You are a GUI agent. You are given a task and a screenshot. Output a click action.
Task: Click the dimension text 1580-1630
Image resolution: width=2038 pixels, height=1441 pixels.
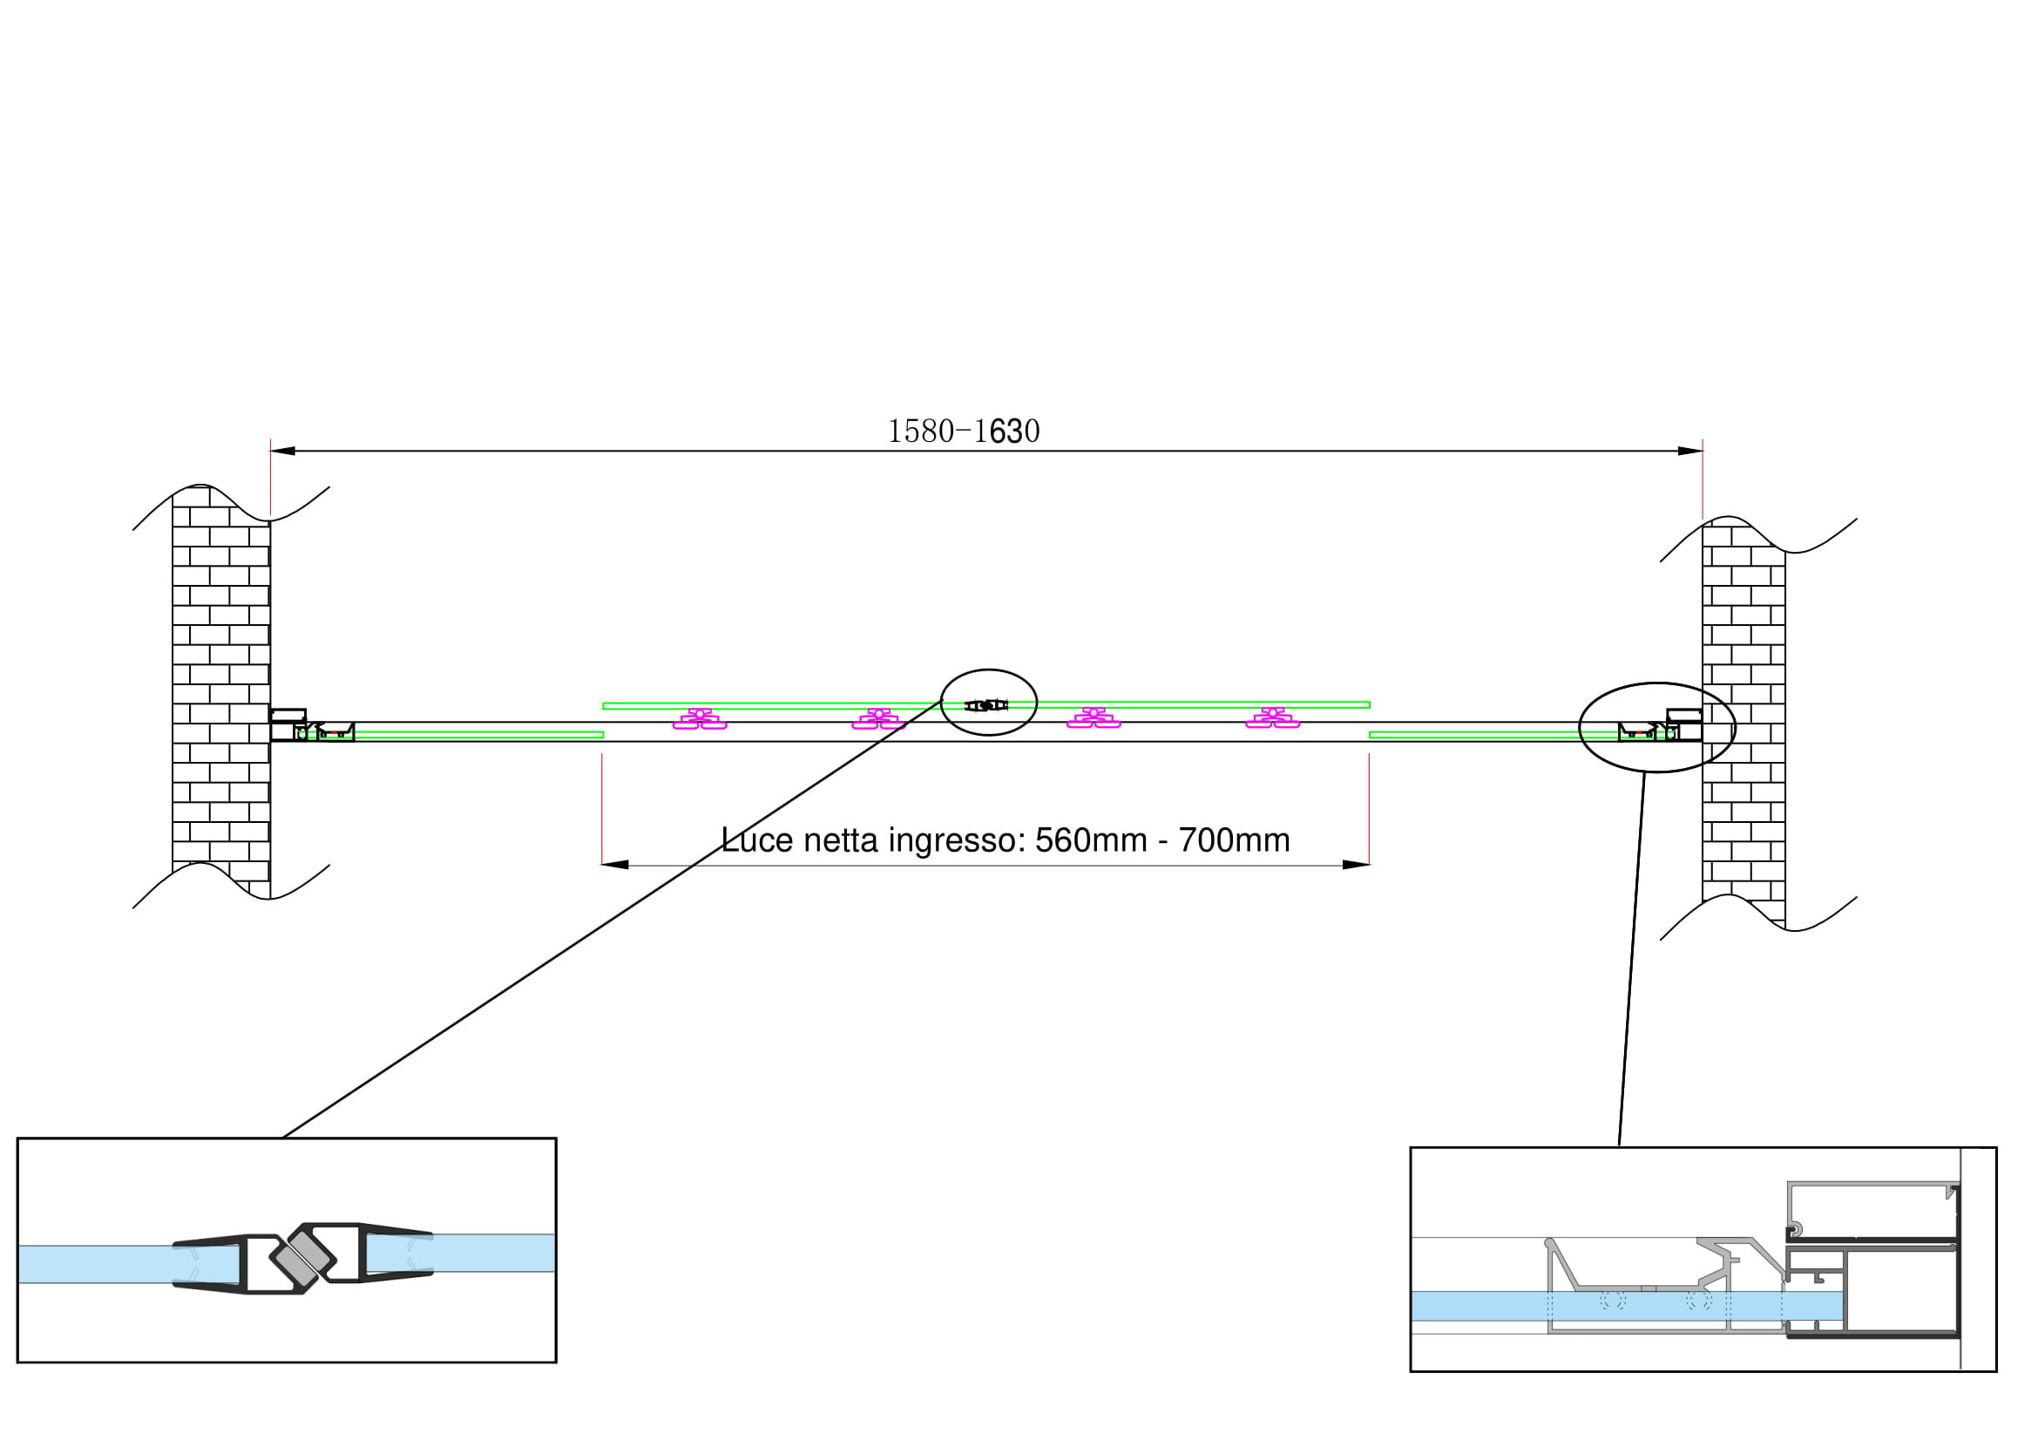coord(963,432)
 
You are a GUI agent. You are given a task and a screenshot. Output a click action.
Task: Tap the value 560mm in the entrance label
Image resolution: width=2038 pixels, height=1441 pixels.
coord(1091,839)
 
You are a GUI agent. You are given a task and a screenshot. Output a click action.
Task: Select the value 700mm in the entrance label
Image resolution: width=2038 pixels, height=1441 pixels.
coord(1234,839)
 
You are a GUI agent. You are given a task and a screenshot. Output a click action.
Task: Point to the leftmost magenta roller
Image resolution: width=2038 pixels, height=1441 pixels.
coord(700,718)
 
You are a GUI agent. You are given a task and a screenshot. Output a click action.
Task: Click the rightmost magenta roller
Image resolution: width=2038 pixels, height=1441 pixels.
coord(1272,718)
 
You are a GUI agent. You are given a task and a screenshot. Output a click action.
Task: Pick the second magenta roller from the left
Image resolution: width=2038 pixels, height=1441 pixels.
coord(879,718)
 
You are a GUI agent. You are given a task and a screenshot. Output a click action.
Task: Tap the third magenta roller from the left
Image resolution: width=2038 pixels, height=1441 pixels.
coord(1093,718)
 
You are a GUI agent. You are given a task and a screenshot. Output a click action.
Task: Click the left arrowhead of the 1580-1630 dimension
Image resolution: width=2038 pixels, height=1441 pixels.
coord(283,451)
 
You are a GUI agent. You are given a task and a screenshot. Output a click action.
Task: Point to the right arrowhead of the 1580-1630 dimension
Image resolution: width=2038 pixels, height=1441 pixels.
coord(1689,451)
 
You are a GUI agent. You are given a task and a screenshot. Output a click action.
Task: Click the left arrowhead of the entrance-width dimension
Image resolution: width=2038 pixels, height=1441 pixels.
coord(615,865)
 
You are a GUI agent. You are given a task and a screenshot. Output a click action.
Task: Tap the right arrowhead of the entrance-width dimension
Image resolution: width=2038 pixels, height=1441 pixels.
coord(1356,865)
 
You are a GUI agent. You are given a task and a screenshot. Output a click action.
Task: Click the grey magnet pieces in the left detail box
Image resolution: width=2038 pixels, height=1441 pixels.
coord(301,1259)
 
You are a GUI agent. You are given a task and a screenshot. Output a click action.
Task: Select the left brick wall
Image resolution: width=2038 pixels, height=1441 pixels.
coord(221,692)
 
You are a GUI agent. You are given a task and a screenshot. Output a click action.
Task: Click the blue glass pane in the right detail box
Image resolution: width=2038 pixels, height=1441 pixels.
coord(1624,1306)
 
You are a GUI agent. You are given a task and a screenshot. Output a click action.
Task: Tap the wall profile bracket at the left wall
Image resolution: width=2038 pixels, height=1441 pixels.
coord(288,724)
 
